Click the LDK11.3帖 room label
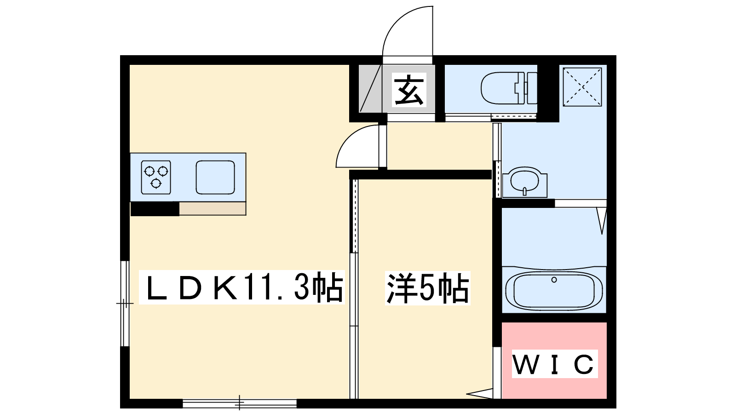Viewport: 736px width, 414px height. [242, 288]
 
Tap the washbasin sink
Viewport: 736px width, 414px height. [524, 181]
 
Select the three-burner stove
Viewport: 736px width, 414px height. [156, 177]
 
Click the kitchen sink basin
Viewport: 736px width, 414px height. [215, 177]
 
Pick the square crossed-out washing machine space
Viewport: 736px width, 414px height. [582, 86]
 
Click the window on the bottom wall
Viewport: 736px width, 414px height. [240, 403]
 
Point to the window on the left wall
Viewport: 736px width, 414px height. [124, 303]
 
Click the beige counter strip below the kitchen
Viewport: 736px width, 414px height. [212, 208]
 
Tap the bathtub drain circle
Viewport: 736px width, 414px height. [554, 280]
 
